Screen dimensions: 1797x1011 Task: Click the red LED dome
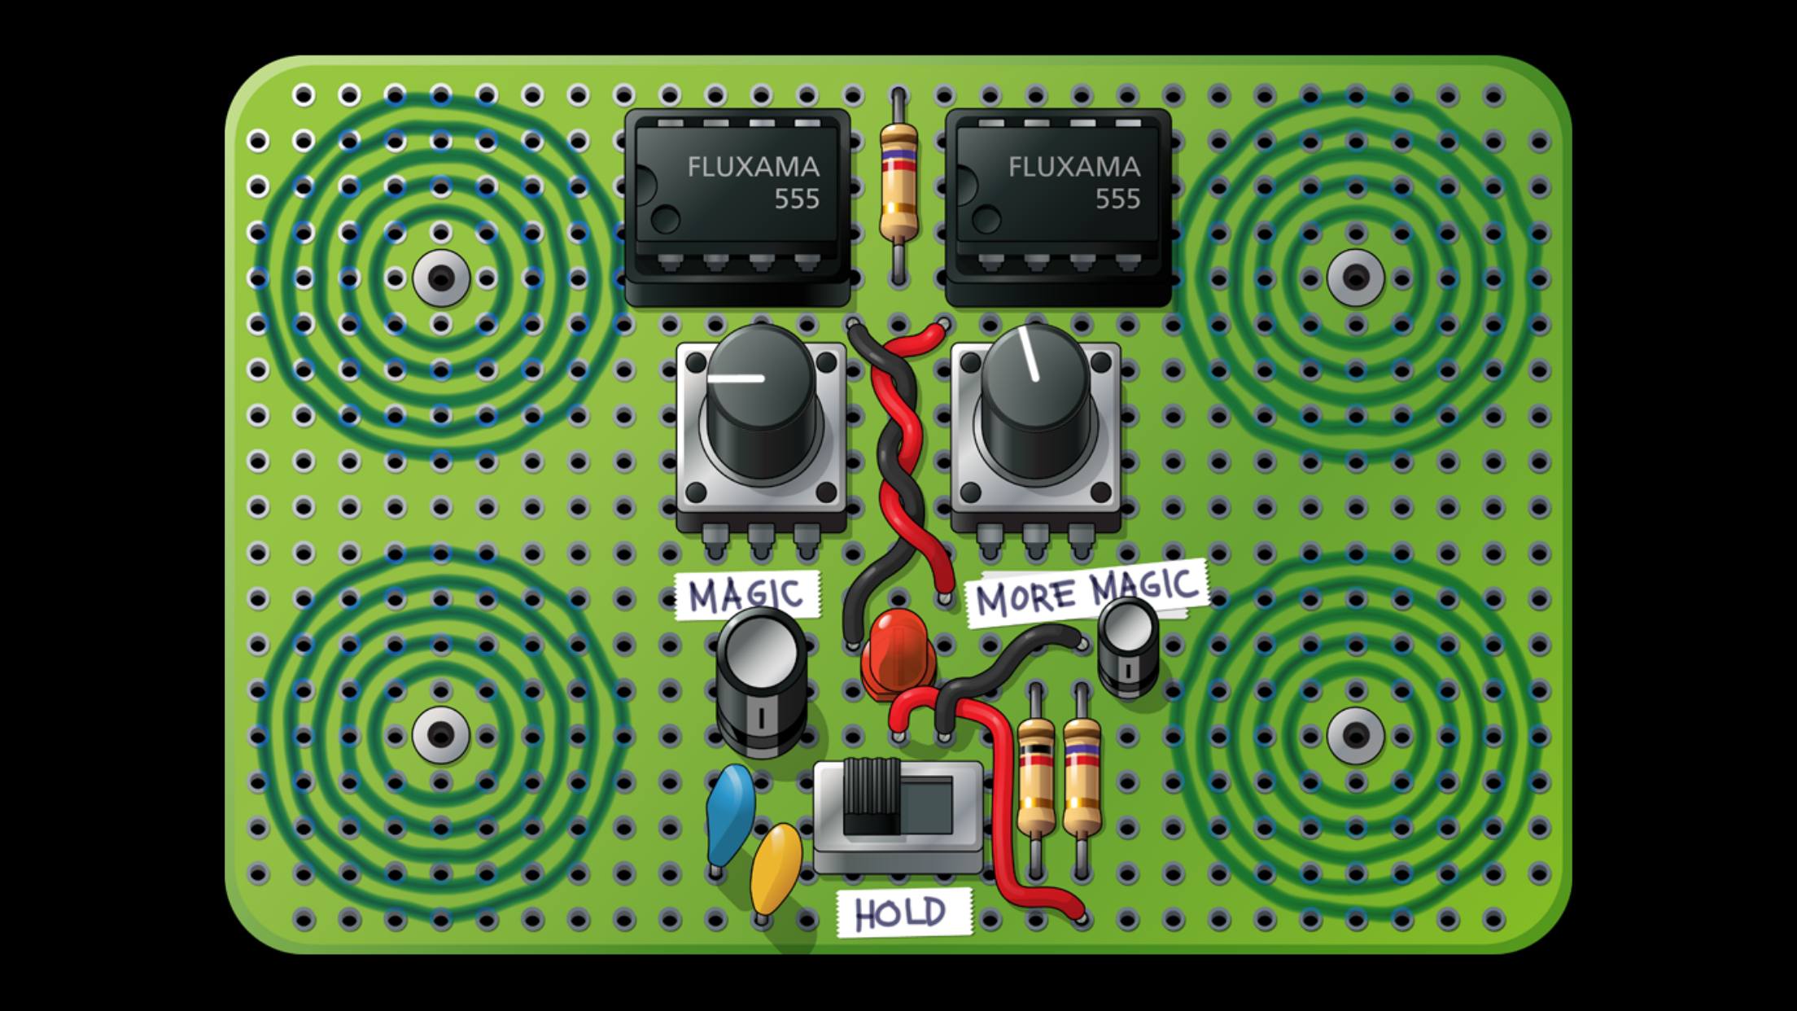coord(898,654)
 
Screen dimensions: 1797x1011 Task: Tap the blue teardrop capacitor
coord(730,814)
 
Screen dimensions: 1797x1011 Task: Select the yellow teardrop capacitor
coord(776,869)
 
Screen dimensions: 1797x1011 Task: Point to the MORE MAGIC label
coord(1087,592)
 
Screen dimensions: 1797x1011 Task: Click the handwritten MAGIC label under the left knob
coord(746,594)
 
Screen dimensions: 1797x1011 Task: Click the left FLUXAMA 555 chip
coord(737,208)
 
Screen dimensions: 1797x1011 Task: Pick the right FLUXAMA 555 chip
coord(1058,208)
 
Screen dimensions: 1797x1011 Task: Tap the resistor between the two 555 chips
coord(898,186)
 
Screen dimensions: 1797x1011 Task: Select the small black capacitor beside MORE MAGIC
coord(1128,646)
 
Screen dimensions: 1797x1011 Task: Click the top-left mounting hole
coord(441,278)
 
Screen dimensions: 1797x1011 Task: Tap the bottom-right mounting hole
coord(1356,735)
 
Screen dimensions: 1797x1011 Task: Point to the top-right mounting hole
coord(1356,278)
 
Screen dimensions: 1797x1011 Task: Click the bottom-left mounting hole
coord(441,735)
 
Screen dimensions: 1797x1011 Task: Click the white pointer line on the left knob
coord(736,379)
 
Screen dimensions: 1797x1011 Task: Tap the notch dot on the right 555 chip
coord(986,220)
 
